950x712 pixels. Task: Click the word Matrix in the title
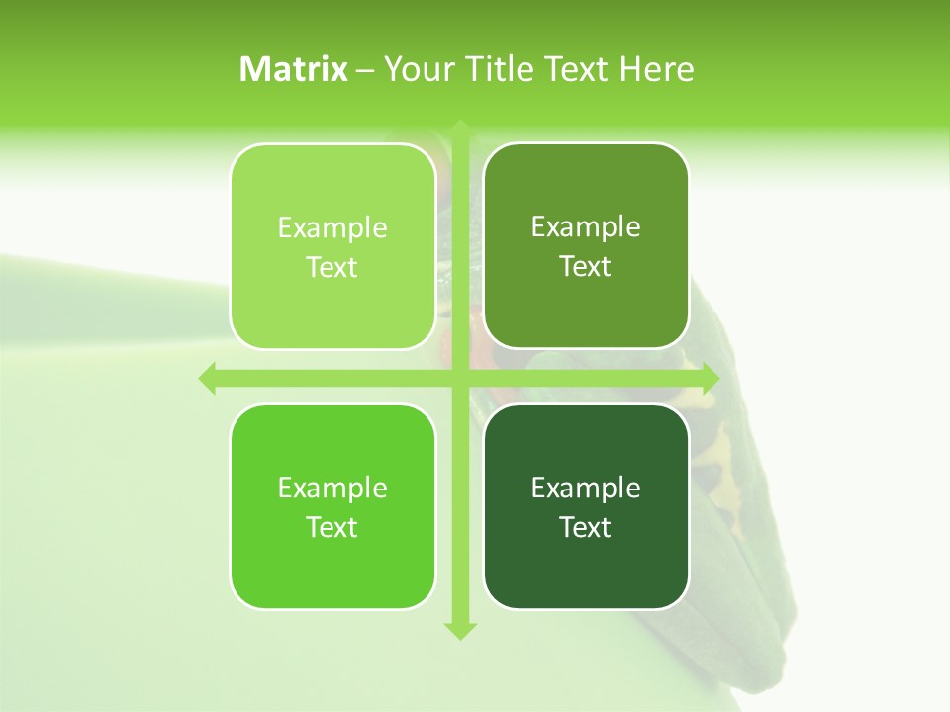click(294, 69)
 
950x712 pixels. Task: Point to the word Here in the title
click(657, 69)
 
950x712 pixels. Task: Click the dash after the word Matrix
click(366, 70)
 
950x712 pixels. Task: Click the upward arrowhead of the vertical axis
click(458, 130)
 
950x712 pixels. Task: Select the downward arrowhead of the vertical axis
click(458, 630)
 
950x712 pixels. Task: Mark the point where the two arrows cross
click(458, 378)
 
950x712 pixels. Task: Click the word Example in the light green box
click(332, 228)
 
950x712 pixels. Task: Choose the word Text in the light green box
click(332, 267)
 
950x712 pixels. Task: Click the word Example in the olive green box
click(586, 227)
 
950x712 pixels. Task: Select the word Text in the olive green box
click(586, 266)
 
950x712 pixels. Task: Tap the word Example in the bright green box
click(332, 488)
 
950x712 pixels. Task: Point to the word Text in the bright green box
click(332, 527)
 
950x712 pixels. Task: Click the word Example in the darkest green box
click(586, 488)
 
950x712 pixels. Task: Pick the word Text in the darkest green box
click(586, 527)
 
